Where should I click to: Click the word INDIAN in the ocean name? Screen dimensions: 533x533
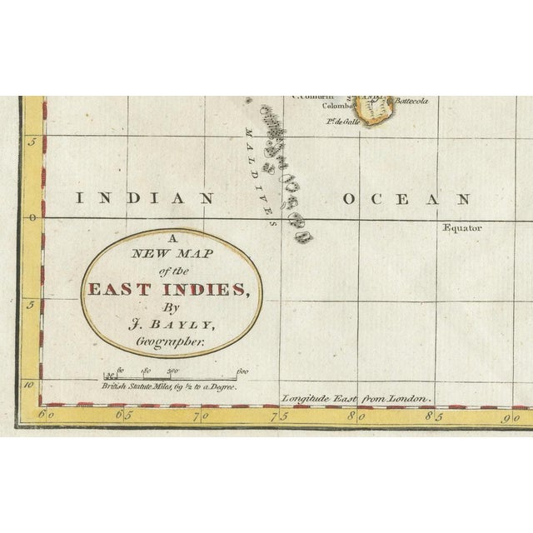click(x=145, y=199)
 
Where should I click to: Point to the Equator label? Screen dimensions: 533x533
click(x=463, y=227)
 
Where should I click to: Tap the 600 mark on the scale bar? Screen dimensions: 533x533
click(x=242, y=371)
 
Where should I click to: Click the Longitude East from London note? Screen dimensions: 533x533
click(x=355, y=400)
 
